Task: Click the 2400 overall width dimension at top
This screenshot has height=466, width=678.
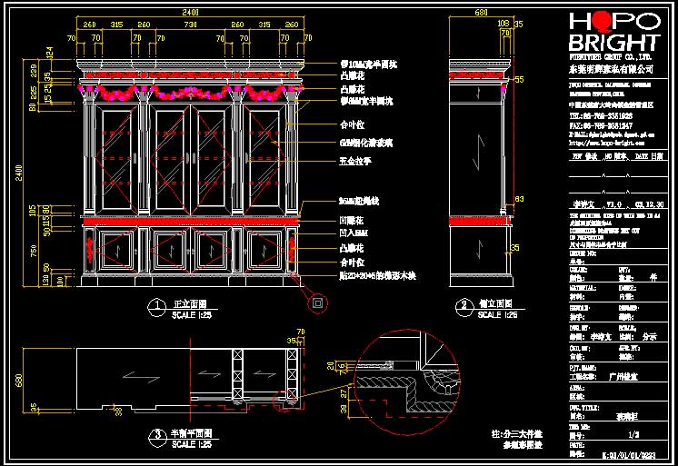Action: click(x=189, y=12)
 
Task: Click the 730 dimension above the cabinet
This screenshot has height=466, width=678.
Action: click(x=189, y=25)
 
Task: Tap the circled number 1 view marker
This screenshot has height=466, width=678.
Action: click(x=154, y=305)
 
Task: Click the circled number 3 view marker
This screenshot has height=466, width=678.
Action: click(x=154, y=435)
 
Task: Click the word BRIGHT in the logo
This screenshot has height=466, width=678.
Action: click(x=613, y=44)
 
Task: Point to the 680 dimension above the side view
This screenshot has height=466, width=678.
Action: click(x=481, y=12)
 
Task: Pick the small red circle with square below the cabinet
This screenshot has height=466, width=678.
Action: click(x=318, y=302)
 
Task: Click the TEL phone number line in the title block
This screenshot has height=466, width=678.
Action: click(x=600, y=116)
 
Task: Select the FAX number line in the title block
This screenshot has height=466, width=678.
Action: click(x=600, y=125)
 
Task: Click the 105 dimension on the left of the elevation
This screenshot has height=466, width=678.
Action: click(x=35, y=210)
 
